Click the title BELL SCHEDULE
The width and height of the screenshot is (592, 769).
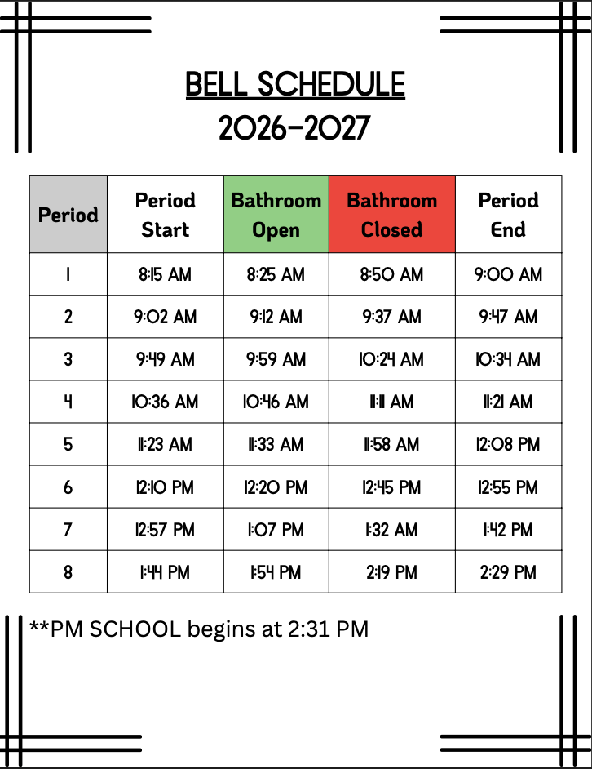point(295,85)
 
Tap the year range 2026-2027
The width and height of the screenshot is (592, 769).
point(295,128)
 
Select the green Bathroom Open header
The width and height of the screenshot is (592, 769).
point(276,215)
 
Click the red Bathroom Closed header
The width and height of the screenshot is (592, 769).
point(391,215)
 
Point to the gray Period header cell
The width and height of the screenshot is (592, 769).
point(68,215)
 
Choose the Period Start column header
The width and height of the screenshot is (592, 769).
point(165,215)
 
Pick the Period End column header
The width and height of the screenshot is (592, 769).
point(508,215)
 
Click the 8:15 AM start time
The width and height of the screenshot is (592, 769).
point(165,274)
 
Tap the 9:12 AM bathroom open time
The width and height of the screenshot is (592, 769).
point(276,317)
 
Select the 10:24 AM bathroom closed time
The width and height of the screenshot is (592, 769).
point(391,359)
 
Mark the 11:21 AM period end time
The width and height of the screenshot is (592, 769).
point(508,402)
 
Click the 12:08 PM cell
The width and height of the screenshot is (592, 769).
point(508,444)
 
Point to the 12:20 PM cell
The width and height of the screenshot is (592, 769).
point(276,487)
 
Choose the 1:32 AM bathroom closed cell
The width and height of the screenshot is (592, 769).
point(391,530)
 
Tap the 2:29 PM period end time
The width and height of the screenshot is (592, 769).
point(508,572)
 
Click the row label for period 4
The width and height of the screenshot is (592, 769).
point(68,402)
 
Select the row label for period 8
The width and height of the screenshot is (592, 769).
point(68,572)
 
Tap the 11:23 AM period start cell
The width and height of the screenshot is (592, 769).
point(165,444)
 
